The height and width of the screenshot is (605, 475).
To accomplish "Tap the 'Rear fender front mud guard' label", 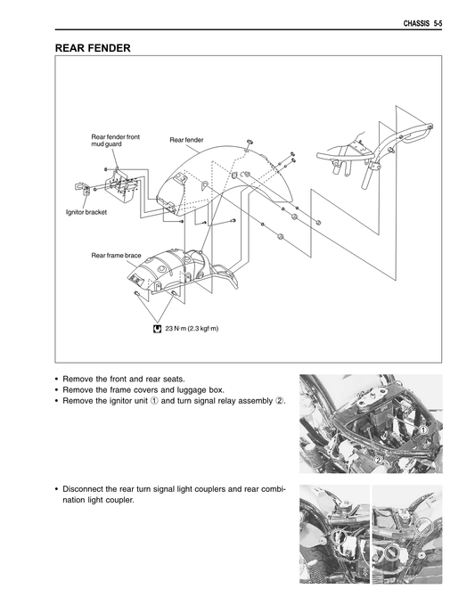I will point(116,141).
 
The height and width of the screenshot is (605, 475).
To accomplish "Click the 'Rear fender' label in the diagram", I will point(186,140).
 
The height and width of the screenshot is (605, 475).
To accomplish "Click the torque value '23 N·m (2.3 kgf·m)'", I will point(192,329).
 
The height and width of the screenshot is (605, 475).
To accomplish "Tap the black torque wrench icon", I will point(157,329).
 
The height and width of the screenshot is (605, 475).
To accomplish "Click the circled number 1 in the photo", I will point(424,430).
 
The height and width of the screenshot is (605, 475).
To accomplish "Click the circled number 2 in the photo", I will point(379,459).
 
